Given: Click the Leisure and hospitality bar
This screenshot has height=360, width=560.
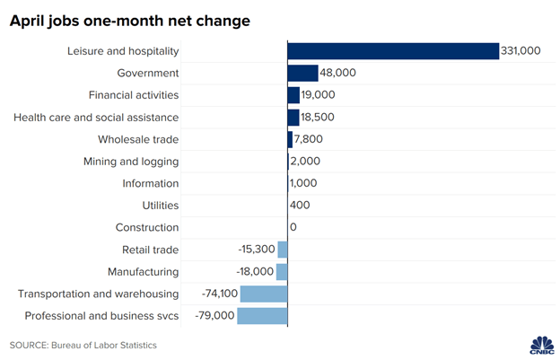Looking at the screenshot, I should click(392, 51).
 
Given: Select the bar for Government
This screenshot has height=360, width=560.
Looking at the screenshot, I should click(302, 73).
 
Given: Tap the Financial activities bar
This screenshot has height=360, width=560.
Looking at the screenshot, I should click(293, 95).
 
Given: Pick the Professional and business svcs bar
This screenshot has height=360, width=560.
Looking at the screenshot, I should click(262, 316).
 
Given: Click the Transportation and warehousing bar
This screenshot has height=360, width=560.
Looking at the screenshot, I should click(263, 294).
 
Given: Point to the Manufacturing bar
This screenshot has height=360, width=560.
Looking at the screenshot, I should click(282, 271).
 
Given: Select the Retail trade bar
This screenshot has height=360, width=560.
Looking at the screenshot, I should click(283, 250).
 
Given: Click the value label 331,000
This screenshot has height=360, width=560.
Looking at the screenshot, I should click(521, 51).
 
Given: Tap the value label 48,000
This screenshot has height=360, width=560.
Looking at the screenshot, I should click(338, 73).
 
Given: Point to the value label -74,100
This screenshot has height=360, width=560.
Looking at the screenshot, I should click(211, 294).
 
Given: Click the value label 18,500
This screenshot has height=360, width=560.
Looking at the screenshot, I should click(319, 118).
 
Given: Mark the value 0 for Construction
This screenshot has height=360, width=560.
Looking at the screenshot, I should click(293, 228).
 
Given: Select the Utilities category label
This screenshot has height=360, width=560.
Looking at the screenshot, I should click(159, 206).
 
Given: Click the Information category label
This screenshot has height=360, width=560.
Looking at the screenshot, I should click(149, 183).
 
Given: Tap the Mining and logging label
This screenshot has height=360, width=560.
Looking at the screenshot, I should click(131, 162).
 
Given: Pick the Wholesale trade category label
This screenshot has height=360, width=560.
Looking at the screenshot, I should click(138, 139).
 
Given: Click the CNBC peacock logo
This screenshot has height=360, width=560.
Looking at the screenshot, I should click(540, 344).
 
